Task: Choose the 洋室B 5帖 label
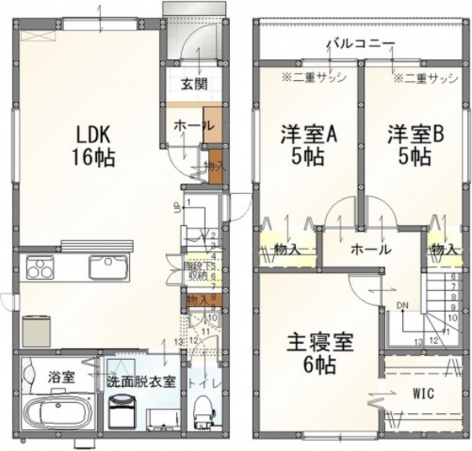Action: tap(410, 144)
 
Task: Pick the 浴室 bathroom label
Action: tap(61, 377)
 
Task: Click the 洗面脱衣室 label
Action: tap(142, 380)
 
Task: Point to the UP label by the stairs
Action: tap(175, 208)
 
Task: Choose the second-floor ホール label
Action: tap(370, 250)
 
